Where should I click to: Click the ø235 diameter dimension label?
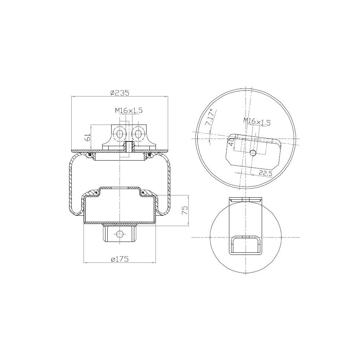[x=120, y=93]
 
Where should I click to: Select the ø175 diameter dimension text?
[x=120, y=259]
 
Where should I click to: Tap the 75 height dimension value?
[x=185, y=210]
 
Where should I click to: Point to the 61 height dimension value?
[x=87, y=138]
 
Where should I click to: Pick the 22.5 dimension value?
[x=265, y=173]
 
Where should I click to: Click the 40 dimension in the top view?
[x=231, y=140]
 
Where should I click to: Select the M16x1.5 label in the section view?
[x=129, y=111]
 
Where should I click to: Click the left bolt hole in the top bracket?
[x=120, y=134]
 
